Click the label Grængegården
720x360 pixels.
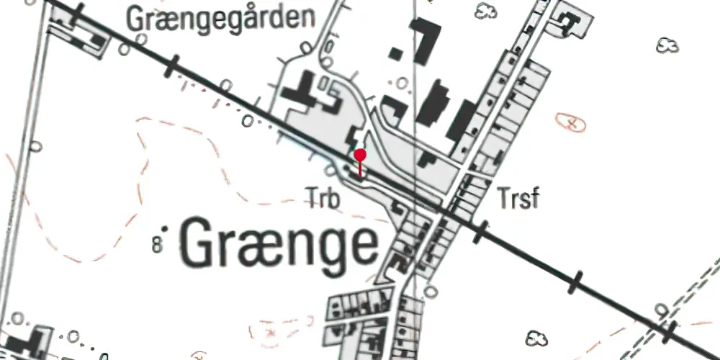[222, 17]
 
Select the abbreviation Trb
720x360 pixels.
[322, 196]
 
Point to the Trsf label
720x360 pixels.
[517, 197]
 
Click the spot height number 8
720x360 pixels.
[156, 244]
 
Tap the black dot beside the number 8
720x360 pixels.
[165, 228]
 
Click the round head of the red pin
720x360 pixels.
[360, 155]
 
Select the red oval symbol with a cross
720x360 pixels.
[571, 124]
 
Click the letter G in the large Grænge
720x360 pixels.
[198, 243]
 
